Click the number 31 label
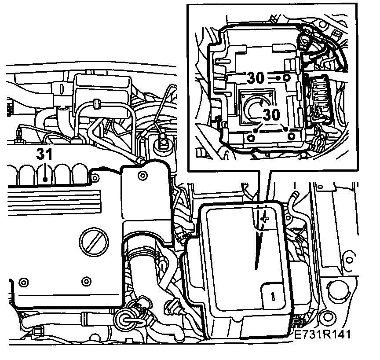[x=44, y=154]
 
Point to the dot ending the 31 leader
[x=45, y=178]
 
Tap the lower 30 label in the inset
[x=271, y=115]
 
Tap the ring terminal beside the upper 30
[x=287, y=78]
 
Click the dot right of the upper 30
[x=278, y=78]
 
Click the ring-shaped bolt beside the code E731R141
[x=326, y=316]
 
